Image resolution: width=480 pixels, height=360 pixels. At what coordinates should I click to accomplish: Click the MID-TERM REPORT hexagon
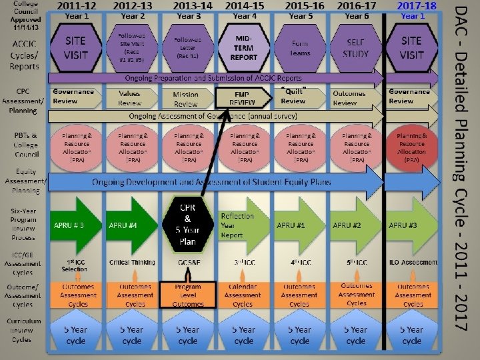tap(243, 47)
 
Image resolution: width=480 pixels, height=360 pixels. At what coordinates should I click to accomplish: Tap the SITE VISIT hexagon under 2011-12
tap(75, 47)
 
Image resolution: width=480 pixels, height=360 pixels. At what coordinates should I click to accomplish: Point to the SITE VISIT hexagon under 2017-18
tap(411, 47)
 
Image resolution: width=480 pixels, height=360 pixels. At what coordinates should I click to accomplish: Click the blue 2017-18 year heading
tap(417, 5)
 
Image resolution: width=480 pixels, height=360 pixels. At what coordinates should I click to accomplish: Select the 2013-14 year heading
tap(193, 5)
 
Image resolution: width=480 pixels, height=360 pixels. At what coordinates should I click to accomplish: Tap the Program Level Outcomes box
tap(188, 295)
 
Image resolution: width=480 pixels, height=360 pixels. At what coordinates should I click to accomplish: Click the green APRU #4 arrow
tap(131, 225)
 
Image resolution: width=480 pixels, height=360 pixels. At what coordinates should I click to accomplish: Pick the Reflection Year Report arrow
tap(241, 225)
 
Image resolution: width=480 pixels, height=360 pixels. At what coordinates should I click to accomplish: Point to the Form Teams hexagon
tap(299, 47)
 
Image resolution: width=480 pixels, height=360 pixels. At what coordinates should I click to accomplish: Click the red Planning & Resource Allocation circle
tap(411, 147)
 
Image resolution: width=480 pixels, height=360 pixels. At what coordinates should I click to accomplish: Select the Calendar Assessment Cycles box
tap(243, 295)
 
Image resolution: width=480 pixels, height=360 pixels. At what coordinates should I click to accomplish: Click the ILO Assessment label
tap(411, 263)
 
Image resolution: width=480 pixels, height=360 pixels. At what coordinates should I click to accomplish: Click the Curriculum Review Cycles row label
tap(25, 330)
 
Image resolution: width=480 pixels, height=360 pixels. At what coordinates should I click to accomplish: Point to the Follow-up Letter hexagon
tap(187, 47)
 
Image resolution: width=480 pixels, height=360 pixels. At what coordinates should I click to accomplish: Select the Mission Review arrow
tap(187, 99)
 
